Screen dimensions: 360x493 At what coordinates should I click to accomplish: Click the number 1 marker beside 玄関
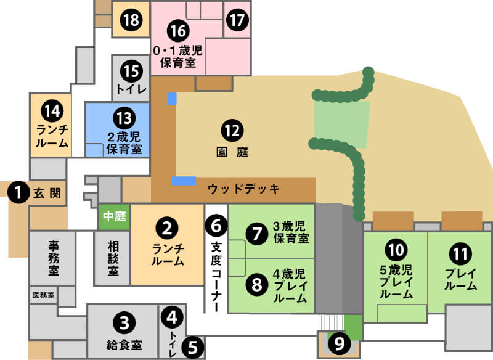coord(19,193)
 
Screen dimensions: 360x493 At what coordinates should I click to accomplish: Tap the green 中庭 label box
coord(114,217)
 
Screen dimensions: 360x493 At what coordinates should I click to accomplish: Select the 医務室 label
coord(43,295)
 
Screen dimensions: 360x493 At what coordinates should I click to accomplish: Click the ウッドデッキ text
coord(243,189)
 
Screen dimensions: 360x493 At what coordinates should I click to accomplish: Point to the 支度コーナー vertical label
coord(216,274)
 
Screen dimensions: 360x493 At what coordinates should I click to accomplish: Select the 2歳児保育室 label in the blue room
coord(124,143)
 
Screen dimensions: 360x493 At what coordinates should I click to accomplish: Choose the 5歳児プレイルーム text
coord(395,280)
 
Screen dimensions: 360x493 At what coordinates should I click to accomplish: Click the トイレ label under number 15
coord(131,89)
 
